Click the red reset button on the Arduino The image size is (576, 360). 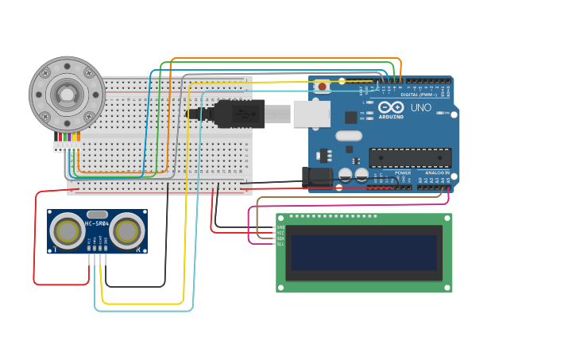(x=322, y=86)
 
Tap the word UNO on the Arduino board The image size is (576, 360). (x=420, y=107)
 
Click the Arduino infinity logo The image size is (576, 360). (x=391, y=106)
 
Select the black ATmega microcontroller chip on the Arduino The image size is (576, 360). (x=410, y=157)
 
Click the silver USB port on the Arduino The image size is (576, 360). (x=311, y=114)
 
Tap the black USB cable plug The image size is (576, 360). (x=238, y=114)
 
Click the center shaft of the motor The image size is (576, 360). (x=67, y=95)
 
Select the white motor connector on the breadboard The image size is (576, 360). (x=67, y=146)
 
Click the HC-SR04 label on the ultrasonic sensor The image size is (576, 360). (x=97, y=223)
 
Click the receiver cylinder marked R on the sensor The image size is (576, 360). (x=127, y=231)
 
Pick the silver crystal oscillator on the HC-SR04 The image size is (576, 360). (x=97, y=214)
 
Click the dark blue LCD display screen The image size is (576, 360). (x=364, y=252)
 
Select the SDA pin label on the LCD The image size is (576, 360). (x=280, y=238)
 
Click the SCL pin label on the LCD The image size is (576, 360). (x=280, y=244)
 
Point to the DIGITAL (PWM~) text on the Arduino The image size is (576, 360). (x=418, y=95)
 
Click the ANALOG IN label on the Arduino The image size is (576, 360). (x=436, y=172)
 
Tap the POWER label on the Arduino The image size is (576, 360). (x=403, y=172)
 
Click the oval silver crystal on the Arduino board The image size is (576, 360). (x=349, y=135)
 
